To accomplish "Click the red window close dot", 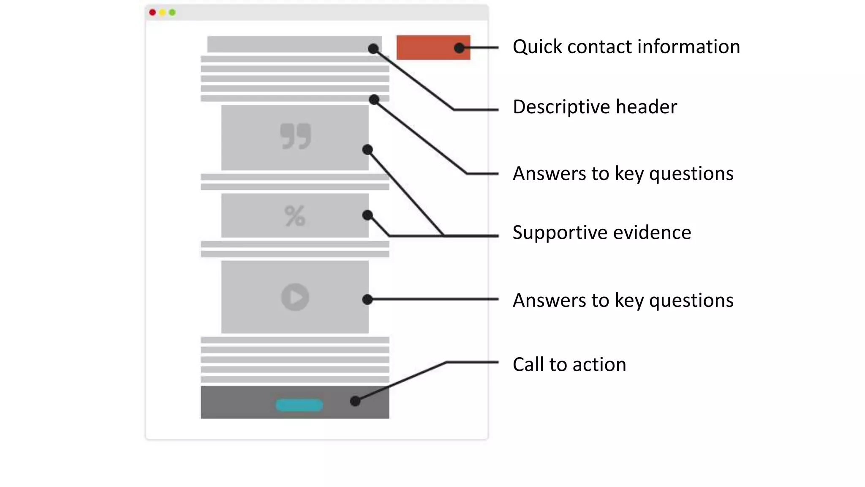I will click(x=152, y=12).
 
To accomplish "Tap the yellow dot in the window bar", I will click(x=162, y=12).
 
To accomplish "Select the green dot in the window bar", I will click(x=172, y=12).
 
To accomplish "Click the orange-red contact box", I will click(x=427, y=47).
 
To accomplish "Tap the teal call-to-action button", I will click(x=299, y=405).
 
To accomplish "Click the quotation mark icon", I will click(x=295, y=136).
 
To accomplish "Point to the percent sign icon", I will click(x=295, y=216).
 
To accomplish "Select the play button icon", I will click(x=295, y=297).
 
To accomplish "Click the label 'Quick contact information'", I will click(x=626, y=47).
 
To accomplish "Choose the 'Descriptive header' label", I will click(x=595, y=107).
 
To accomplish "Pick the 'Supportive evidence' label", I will click(x=601, y=233).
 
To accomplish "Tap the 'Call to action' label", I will click(x=569, y=364).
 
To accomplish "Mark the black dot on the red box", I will click(x=459, y=48).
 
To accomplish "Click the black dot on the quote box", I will click(x=367, y=150).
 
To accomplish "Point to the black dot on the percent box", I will click(x=367, y=215).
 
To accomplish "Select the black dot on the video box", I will click(x=367, y=299).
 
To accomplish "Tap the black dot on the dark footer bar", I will click(x=355, y=401).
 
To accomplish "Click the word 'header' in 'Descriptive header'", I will click(x=646, y=107).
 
